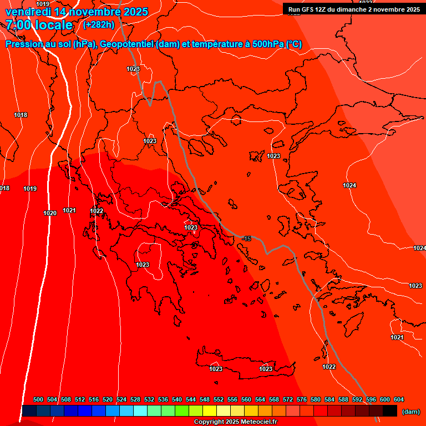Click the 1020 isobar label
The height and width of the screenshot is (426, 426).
click(50, 213)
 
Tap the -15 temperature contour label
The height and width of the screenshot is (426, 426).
click(246, 239)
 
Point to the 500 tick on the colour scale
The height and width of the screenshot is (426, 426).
click(38, 400)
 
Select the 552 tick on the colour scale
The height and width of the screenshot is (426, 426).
click(219, 400)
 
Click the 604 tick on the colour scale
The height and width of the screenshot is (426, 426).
click(399, 400)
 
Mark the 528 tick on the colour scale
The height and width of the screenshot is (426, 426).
click(135, 400)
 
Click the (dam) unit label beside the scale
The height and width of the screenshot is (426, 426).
click(410, 412)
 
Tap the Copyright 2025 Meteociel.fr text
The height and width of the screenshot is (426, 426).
click(235, 422)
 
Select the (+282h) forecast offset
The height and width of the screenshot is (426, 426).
click(99, 25)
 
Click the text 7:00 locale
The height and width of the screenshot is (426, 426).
click(39, 25)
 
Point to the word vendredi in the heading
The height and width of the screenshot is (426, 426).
click(27, 12)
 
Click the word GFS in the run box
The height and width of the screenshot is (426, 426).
click(309, 9)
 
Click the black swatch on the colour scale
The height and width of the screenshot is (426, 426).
click(390, 411)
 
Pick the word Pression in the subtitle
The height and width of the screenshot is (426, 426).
click(24, 44)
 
